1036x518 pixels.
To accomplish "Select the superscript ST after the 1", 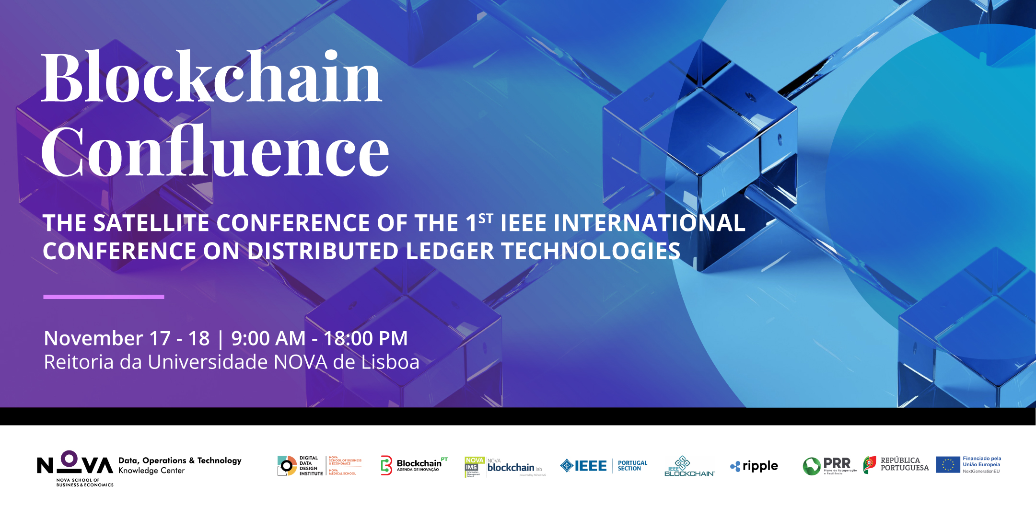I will click(x=486, y=219).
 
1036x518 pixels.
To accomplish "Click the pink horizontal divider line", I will click(x=104, y=297).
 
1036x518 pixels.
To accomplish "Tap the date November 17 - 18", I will click(x=127, y=338).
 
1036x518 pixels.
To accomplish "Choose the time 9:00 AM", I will click(x=268, y=338).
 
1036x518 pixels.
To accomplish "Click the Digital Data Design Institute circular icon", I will click(x=287, y=466).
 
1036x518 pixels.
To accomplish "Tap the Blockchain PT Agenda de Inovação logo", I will click(x=414, y=465).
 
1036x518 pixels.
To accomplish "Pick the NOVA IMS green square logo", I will click(x=475, y=467).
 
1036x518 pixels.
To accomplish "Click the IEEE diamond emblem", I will click(x=567, y=466).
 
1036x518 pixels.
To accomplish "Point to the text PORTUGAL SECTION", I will click(x=632, y=466).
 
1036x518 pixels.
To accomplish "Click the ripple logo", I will click(x=754, y=466).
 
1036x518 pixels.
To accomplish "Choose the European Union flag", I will click(x=948, y=465).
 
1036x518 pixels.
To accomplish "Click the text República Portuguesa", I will click(x=904, y=464).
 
